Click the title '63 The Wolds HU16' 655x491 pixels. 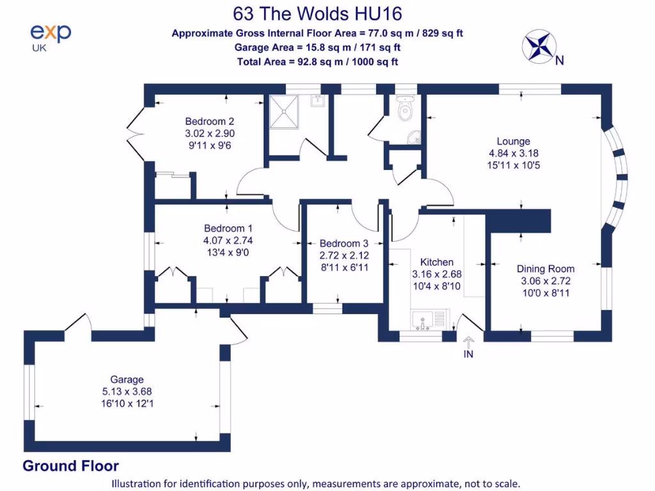coord(317,13)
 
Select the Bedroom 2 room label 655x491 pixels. coord(210,121)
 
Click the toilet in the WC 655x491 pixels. coord(404,110)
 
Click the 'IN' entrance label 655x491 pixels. coord(468,354)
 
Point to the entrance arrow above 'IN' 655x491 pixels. coord(468,342)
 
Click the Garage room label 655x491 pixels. coord(127,380)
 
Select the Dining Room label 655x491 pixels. coord(546,269)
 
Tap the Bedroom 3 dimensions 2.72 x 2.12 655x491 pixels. coord(344,255)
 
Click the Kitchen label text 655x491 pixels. coord(437,262)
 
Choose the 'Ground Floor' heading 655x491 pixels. coord(70,466)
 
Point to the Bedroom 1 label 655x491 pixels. coord(228,228)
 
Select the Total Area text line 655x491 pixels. coord(317,62)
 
